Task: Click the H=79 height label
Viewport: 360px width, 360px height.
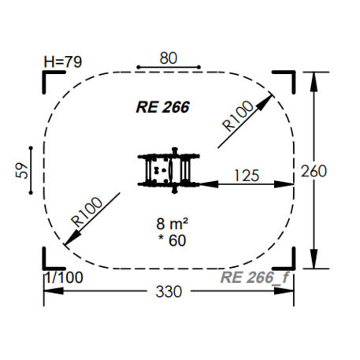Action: [x=63, y=62]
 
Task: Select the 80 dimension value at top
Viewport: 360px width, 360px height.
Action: [x=169, y=58]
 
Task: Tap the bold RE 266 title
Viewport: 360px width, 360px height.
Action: [x=163, y=107]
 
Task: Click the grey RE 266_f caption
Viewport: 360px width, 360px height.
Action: [x=254, y=277]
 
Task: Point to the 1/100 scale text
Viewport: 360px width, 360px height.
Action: [x=65, y=277]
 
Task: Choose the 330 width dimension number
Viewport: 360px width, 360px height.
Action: [x=169, y=291]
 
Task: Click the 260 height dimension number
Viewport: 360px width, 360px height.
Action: [x=314, y=171]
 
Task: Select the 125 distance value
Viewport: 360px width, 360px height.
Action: [x=247, y=176]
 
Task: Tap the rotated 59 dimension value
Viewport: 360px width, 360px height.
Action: [x=22, y=171]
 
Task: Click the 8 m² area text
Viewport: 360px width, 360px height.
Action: [x=173, y=224]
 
